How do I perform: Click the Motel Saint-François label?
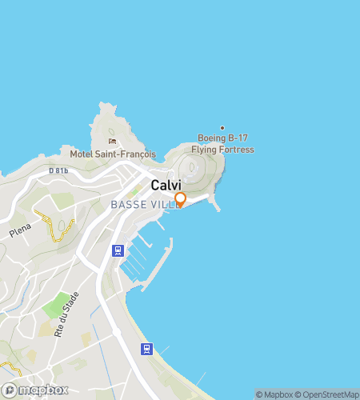click(x=113, y=154)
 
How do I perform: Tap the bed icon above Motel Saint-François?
click(x=113, y=141)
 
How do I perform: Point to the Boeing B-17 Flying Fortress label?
click(x=222, y=145)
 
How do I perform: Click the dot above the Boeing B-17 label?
click(x=222, y=128)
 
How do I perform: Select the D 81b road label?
click(x=58, y=170)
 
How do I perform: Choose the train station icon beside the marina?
click(x=118, y=250)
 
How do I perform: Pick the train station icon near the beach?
click(x=146, y=349)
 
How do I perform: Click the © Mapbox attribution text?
click(x=273, y=394)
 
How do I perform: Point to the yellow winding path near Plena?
click(x=59, y=230)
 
